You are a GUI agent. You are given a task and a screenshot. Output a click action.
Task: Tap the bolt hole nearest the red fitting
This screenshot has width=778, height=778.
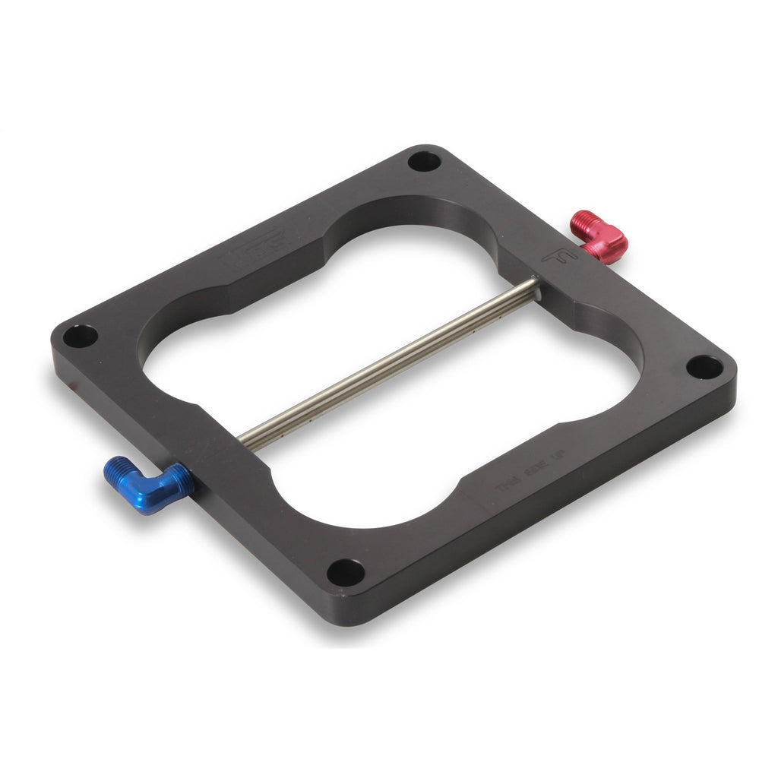424,161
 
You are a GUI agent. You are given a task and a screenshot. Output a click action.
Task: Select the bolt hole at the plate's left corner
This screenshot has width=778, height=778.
80,336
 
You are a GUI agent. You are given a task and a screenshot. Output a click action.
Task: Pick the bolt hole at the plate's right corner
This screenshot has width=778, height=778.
704,367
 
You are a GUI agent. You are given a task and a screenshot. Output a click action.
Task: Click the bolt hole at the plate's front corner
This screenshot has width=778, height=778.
346,572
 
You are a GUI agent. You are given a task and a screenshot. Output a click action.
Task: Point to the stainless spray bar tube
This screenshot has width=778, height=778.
387,363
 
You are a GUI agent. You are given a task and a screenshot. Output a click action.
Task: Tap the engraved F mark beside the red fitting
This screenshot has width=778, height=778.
559,258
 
